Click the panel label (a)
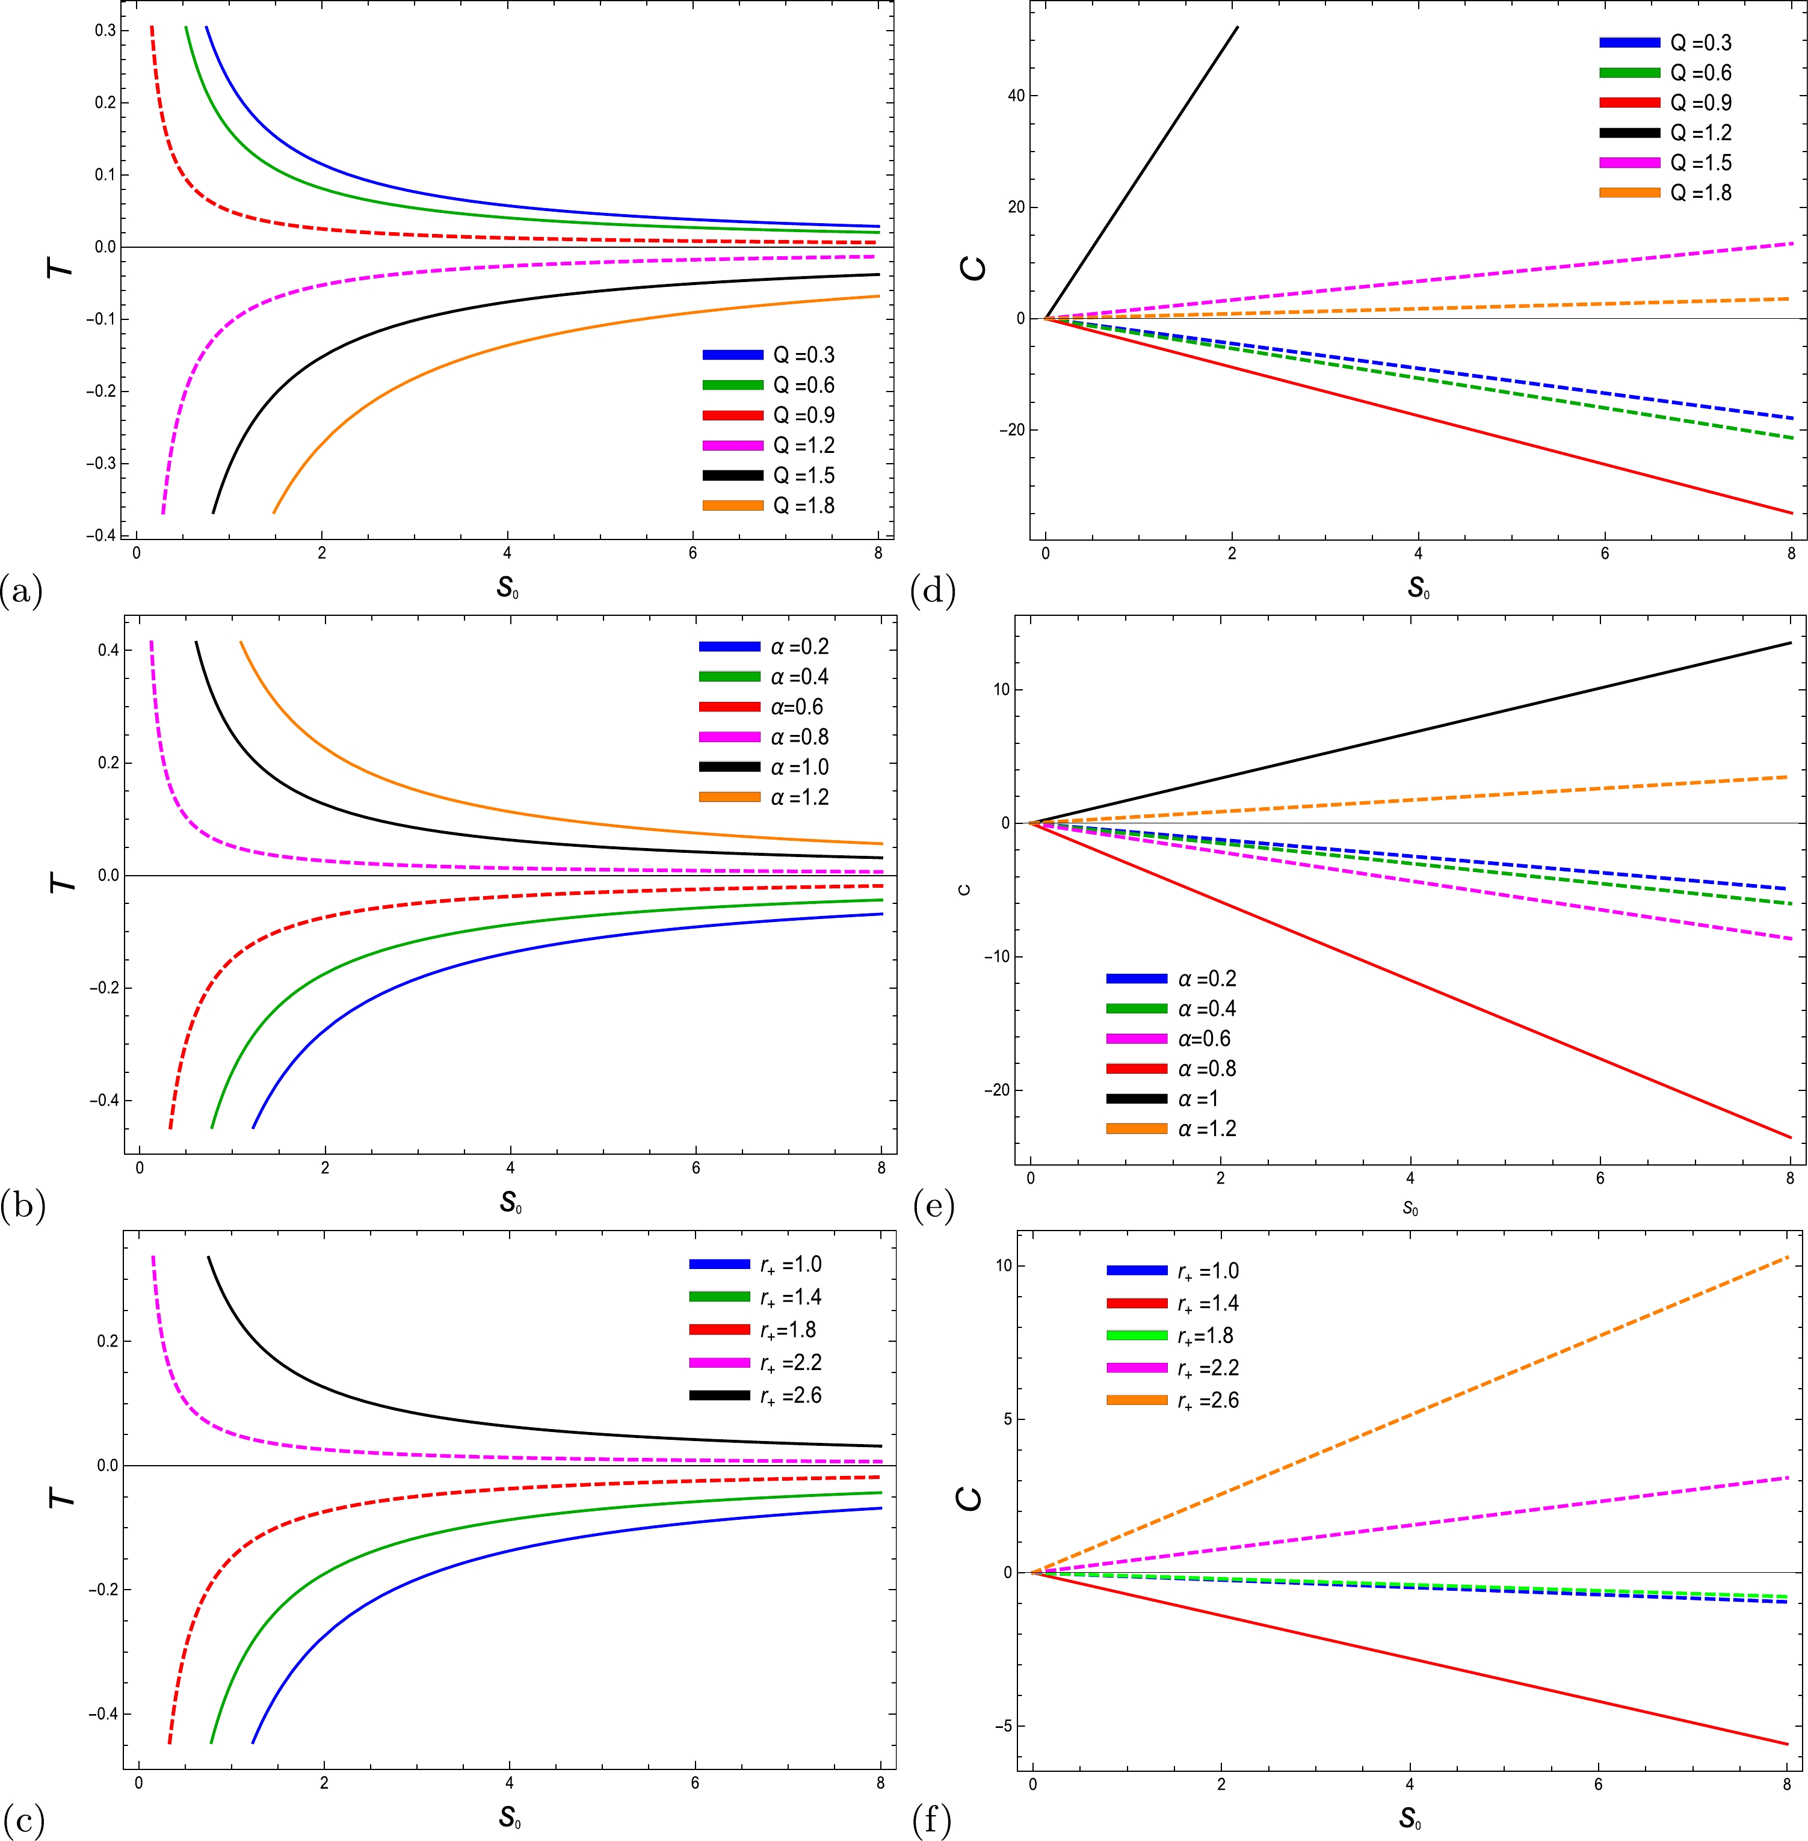[x=22, y=591]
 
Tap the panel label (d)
[x=931, y=591]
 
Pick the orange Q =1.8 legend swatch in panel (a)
[x=732, y=506]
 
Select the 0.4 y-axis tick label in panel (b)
[x=106, y=650]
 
